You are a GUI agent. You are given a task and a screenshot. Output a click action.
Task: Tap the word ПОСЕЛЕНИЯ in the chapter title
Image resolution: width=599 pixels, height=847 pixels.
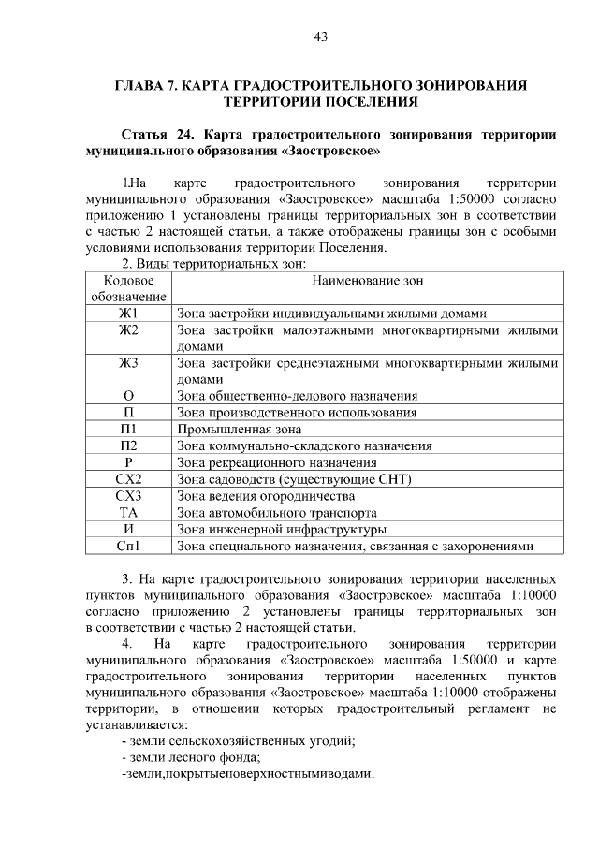pos(372,100)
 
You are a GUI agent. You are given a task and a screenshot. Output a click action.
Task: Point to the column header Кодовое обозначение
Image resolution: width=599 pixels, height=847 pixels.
pos(128,288)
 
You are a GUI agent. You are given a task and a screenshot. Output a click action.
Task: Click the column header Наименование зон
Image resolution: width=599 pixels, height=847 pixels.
pos(368,280)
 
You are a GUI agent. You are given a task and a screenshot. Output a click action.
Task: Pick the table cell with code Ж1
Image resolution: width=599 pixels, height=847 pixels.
pos(128,313)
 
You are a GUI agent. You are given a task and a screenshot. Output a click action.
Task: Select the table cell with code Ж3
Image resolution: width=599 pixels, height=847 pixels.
pos(128,363)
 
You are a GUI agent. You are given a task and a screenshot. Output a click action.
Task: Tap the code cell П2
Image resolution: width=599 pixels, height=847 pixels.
pos(128,445)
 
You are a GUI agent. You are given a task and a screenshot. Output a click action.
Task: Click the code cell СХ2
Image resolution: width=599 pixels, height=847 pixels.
pos(128,479)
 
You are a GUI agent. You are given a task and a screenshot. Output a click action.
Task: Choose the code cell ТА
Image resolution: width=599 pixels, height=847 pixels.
pos(128,513)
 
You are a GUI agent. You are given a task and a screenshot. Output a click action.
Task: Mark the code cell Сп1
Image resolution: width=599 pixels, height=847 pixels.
pos(128,547)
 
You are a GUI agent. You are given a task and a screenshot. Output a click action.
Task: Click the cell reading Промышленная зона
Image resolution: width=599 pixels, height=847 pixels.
pos(232,429)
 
